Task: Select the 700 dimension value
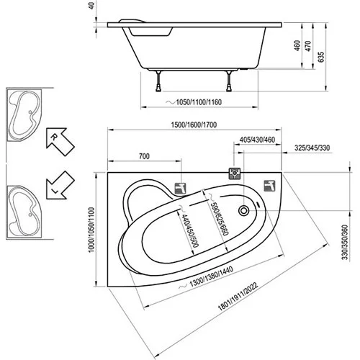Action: pyautogui.click(x=144, y=156)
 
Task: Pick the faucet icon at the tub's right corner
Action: pyautogui.click(x=270, y=184)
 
